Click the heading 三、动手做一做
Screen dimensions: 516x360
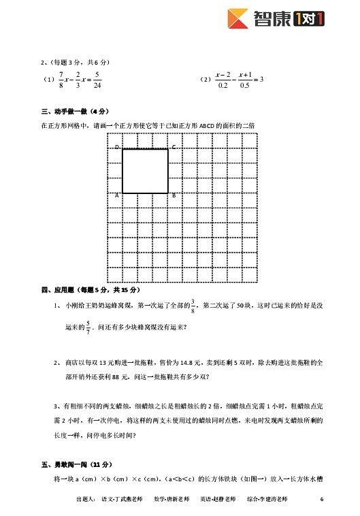(x=75, y=111)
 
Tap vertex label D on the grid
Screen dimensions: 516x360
(x=117, y=147)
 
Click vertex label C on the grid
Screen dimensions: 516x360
(x=174, y=147)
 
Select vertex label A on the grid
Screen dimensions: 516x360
(x=117, y=195)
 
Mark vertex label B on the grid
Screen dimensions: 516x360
(x=174, y=195)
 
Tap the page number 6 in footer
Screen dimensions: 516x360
(x=321, y=499)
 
